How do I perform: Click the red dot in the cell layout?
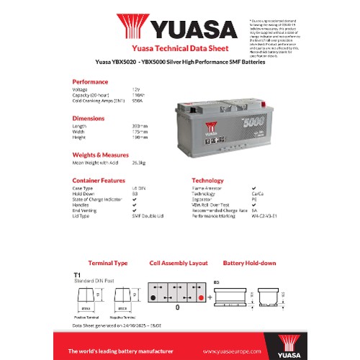point(201,297)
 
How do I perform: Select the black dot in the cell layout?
point(153,297)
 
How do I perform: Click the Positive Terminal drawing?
point(85,297)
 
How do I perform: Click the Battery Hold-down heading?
point(249,263)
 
